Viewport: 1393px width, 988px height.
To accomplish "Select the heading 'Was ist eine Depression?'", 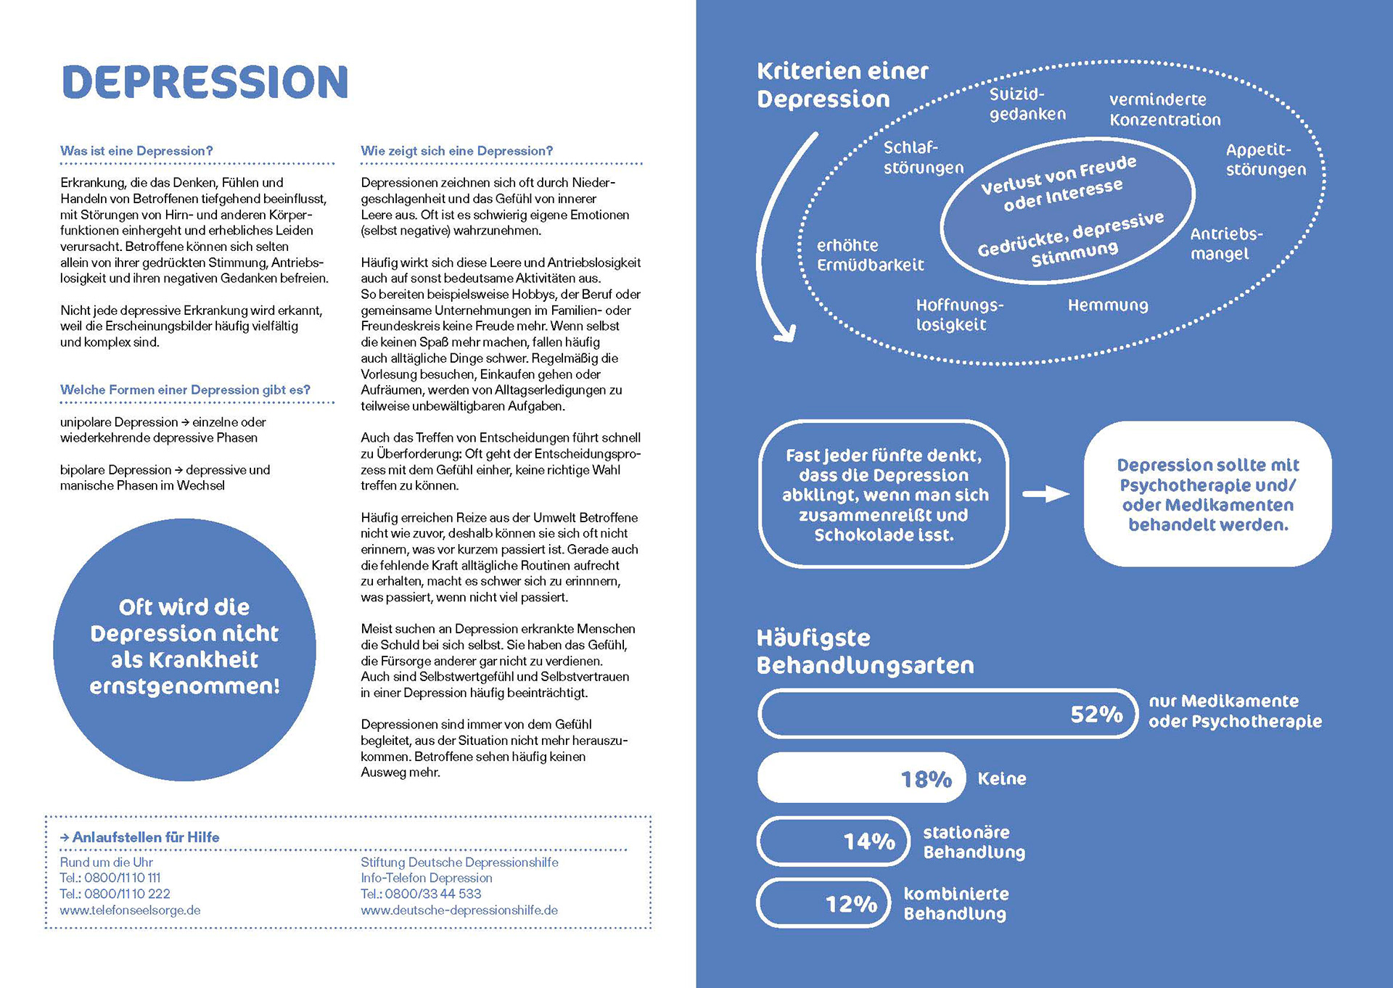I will [136, 151].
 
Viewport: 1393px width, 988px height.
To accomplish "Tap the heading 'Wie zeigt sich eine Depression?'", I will [456, 151].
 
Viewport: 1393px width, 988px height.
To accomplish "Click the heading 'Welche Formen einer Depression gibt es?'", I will [185, 390].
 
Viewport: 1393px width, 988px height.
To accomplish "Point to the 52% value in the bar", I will [1096, 715].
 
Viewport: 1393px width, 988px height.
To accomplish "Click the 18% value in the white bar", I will [926, 779].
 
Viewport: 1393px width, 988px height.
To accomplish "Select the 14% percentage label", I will [868, 841].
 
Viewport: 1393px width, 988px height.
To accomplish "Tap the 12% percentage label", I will [851, 904].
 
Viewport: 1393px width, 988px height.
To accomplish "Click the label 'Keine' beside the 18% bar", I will [1002, 779].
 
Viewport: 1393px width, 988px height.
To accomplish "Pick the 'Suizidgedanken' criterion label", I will [1027, 104].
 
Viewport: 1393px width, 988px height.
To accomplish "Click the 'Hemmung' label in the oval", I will [1108, 305].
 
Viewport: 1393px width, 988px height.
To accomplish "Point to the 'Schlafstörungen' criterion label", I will [923, 157].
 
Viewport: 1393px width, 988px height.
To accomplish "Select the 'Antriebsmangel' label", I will [1226, 244].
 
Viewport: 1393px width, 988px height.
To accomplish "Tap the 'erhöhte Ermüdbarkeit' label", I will [870, 255].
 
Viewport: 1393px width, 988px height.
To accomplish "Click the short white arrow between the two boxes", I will [1045, 495].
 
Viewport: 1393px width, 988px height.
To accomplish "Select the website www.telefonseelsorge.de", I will [130, 910].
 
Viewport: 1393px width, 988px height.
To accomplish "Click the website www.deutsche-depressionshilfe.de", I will [459, 910].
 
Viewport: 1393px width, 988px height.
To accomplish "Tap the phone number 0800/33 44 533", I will [433, 894].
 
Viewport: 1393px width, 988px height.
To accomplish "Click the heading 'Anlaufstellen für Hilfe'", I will [145, 837].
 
